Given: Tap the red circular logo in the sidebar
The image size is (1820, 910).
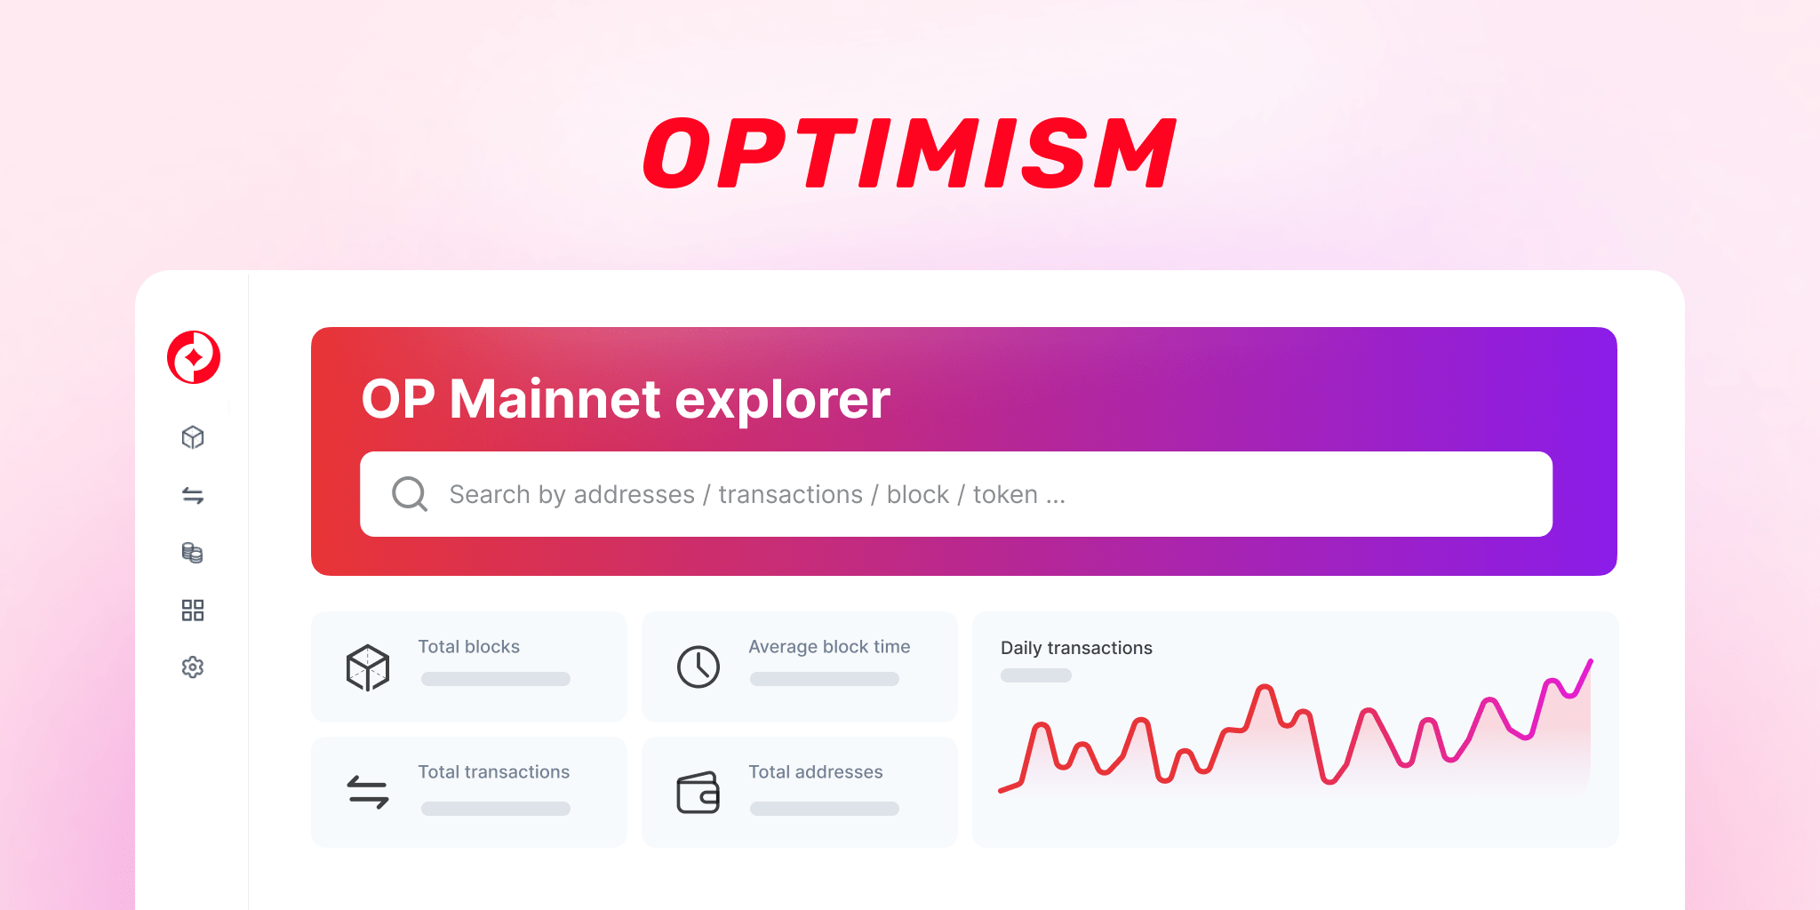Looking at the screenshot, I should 194,357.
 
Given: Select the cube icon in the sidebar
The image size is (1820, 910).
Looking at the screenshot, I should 193,437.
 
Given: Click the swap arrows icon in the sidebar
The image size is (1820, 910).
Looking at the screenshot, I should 193,495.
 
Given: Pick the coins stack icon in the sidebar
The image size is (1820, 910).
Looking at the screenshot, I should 193,553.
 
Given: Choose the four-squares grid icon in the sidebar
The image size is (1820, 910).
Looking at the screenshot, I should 193,610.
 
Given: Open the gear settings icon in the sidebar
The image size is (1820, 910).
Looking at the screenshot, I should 193,667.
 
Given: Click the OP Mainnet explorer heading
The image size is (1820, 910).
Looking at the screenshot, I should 626,399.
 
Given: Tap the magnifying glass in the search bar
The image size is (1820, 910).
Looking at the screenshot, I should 410,494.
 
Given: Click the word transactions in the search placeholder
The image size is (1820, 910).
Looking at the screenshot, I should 790,494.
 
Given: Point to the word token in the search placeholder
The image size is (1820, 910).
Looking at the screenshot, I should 1005,494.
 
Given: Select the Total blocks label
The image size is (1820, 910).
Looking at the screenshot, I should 468,647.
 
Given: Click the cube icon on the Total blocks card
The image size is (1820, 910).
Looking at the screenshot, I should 368,667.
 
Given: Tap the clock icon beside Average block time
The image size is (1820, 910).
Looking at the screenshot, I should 698,667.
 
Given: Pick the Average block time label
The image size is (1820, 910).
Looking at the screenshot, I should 829,647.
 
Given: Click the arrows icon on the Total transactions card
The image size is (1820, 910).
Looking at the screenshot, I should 368,792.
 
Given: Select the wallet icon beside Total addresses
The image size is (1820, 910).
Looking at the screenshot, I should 698,793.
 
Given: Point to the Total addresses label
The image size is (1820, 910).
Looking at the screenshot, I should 815,772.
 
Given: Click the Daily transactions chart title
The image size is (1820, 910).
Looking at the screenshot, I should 1076,648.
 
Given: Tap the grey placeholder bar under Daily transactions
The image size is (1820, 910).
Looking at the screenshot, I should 1036,675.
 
